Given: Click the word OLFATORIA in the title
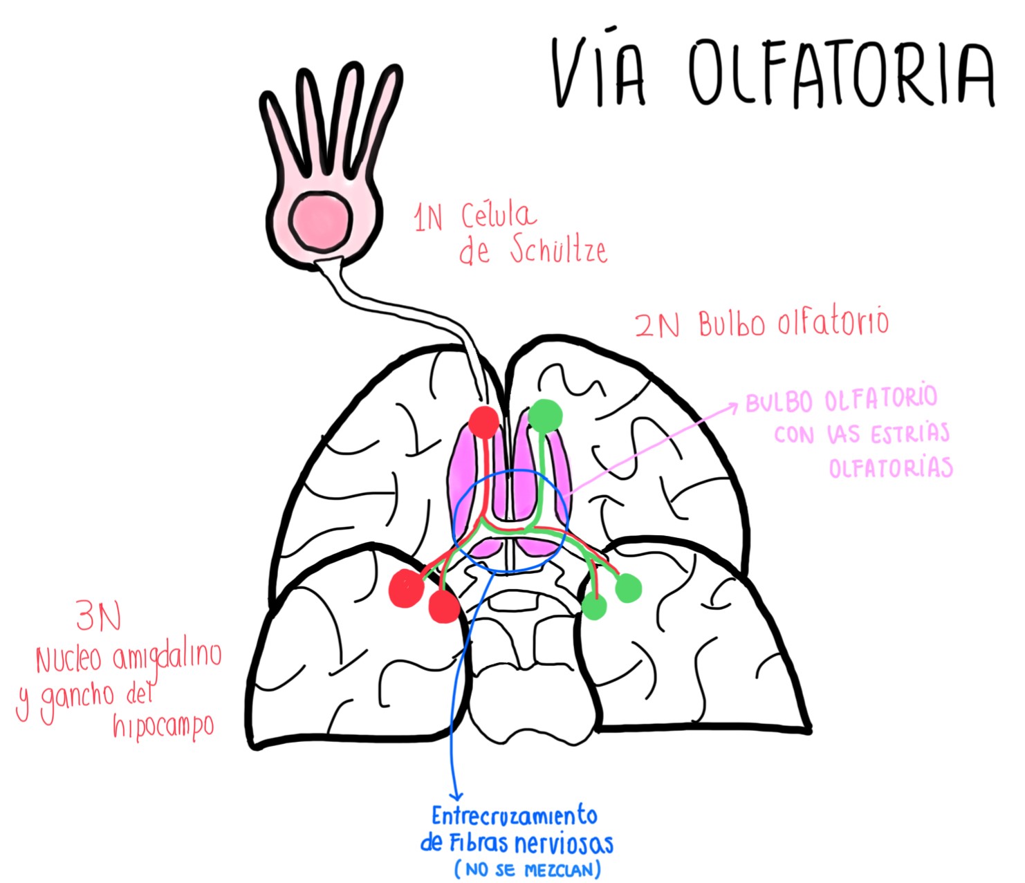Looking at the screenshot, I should pyautogui.click(x=841, y=73).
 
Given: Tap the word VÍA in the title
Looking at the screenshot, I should pyautogui.click(x=599, y=73).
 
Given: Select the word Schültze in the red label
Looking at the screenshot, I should pyautogui.click(x=559, y=250).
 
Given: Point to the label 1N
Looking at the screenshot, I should pyautogui.click(x=428, y=219).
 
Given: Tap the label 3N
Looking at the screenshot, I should pyautogui.click(x=99, y=616).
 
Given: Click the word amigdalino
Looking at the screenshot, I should pyautogui.click(x=167, y=657).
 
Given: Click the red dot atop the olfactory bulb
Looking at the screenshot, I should pyautogui.click(x=484, y=421).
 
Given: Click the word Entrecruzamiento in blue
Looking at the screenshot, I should pyautogui.click(x=514, y=817).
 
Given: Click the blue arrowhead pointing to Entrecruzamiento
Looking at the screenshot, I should pyautogui.click(x=456, y=797).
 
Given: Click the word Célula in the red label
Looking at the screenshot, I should pyautogui.click(x=498, y=216).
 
